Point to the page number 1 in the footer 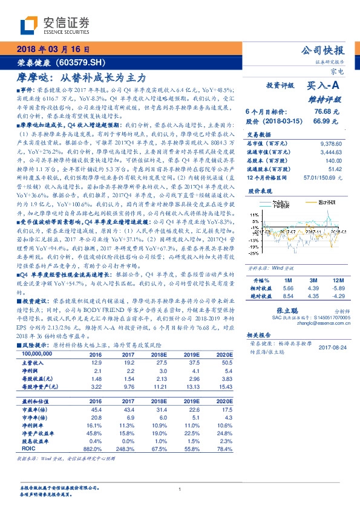pos(180,489)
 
